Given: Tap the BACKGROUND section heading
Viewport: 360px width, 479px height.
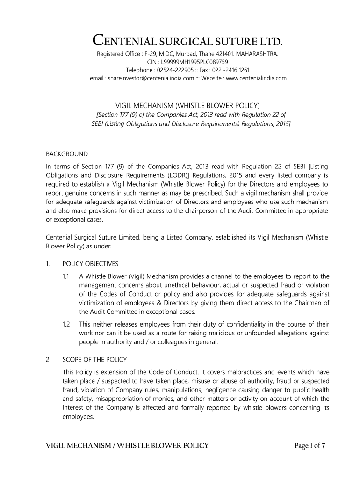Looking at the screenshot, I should [66, 154].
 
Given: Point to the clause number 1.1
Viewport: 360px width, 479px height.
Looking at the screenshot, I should [66, 276].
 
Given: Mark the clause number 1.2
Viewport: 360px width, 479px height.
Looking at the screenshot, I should [66, 324].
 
